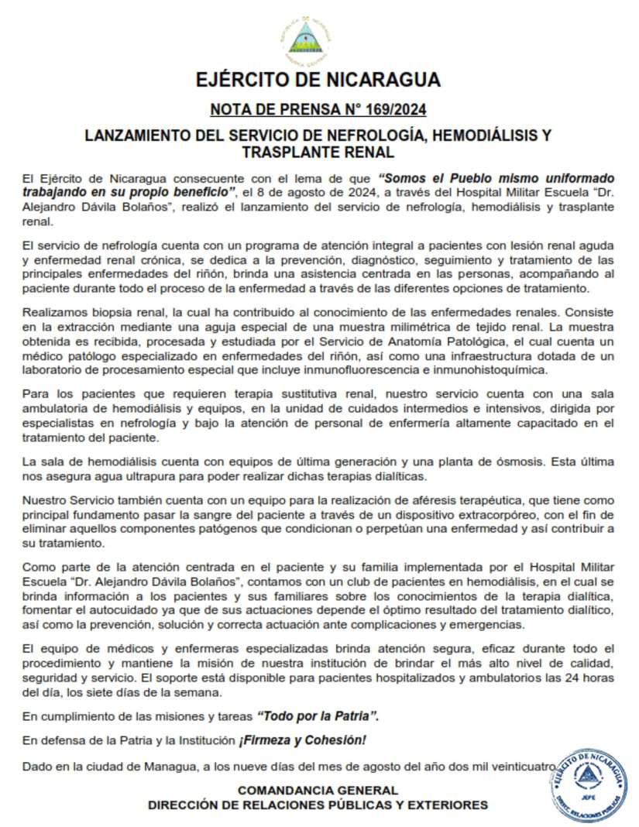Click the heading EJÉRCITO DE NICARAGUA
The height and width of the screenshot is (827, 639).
click(x=318, y=80)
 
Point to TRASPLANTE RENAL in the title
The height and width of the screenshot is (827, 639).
click(x=318, y=153)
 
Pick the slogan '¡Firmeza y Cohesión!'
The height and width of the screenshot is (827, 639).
click(x=303, y=740)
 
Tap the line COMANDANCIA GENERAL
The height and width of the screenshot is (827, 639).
click(x=318, y=791)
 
